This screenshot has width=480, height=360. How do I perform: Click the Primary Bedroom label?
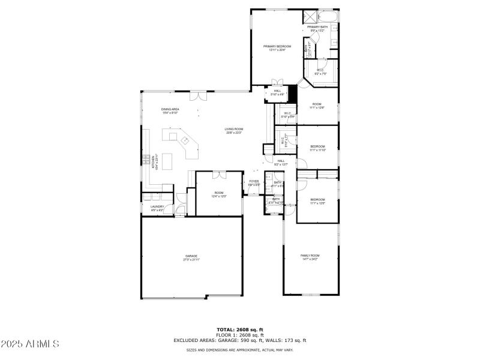(x=277, y=48)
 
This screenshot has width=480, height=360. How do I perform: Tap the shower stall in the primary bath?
(x=310, y=17)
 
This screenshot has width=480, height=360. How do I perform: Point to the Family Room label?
(x=310, y=257)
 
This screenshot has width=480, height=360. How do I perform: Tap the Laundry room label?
(x=157, y=208)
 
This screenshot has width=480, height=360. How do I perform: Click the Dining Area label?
(x=170, y=110)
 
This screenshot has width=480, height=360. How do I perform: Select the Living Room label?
(x=234, y=131)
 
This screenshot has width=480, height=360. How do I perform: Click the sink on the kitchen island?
(x=186, y=141)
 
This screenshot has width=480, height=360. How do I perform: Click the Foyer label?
(x=254, y=182)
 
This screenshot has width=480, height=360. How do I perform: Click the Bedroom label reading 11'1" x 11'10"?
(x=317, y=148)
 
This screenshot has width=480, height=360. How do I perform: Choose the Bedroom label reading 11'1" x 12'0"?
(x=317, y=201)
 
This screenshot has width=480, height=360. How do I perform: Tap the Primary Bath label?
(x=317, y=28)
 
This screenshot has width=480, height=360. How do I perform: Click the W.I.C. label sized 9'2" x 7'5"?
(x=320, y=72)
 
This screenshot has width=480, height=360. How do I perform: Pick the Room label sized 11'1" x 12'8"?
(x=317, y=106)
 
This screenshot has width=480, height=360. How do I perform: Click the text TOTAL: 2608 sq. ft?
(x=239, y=329)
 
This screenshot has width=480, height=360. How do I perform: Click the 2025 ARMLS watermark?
(x=30, y=344)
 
